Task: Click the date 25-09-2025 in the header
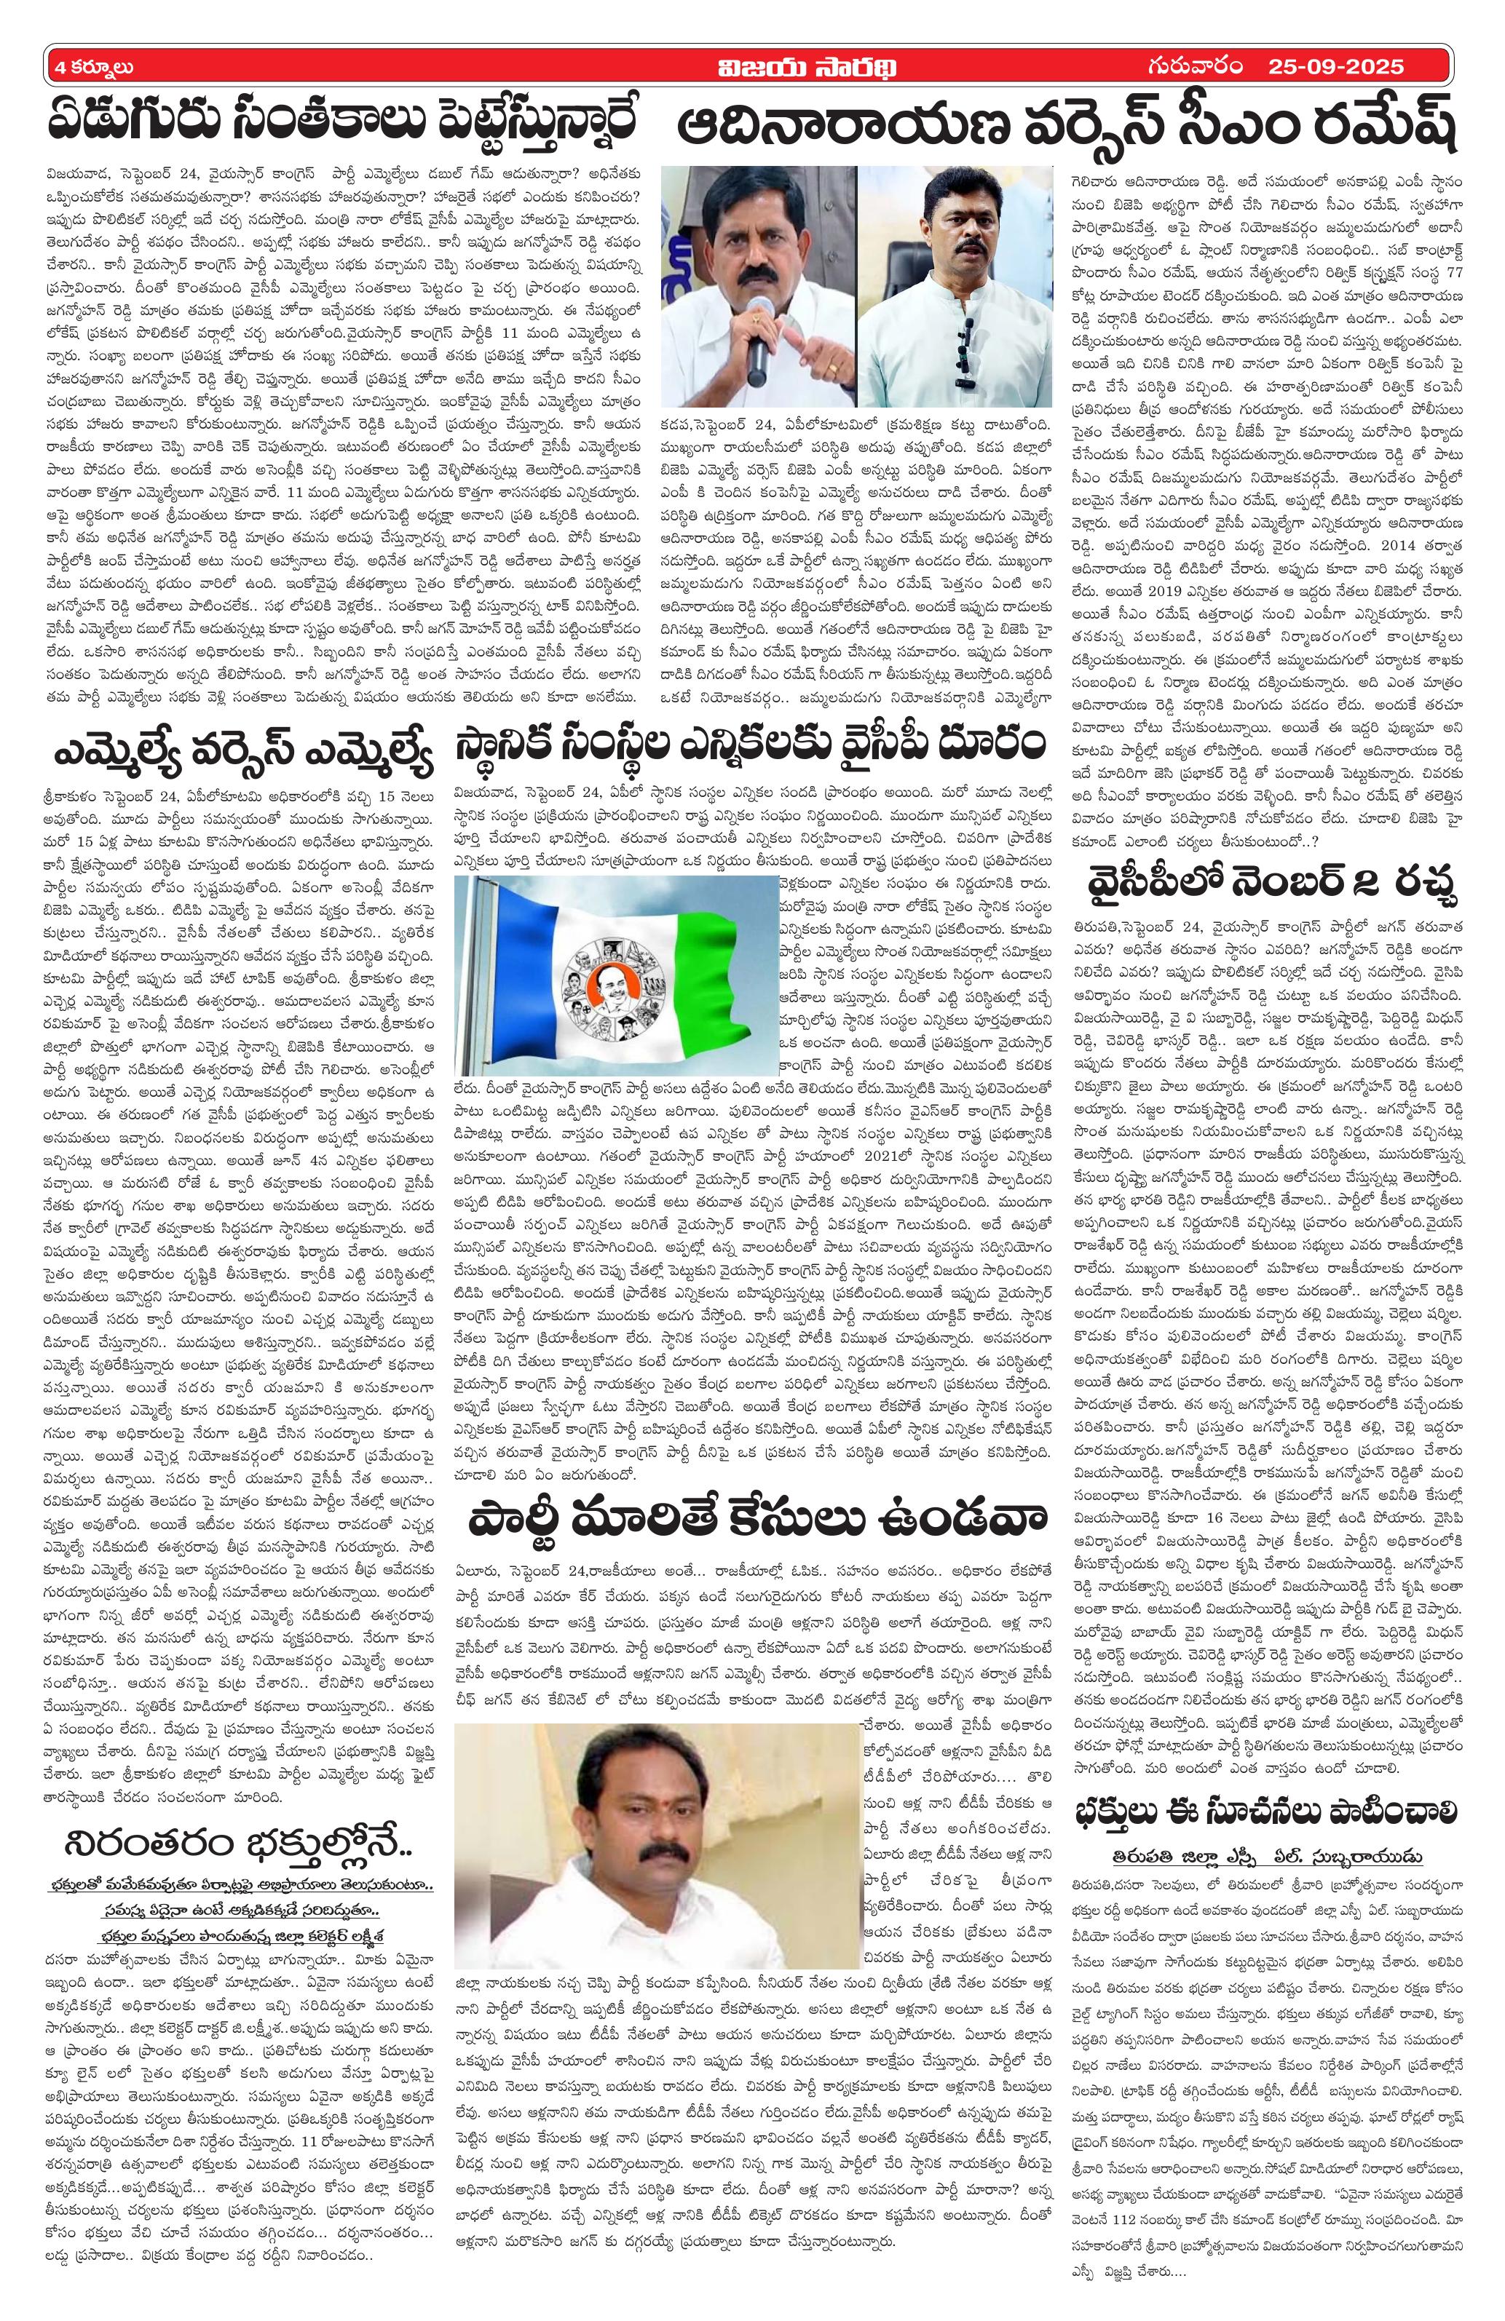tap(1336, 67)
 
